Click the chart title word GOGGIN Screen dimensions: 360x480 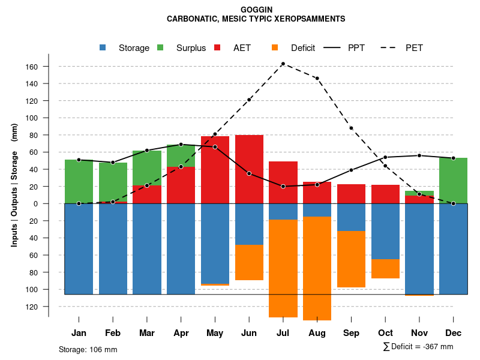(x=256, y=10)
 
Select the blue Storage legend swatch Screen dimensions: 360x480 (x=103, y=48)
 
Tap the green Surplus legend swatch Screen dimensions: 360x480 (x=160, y=48)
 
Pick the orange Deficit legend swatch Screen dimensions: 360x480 (x=275, y=48)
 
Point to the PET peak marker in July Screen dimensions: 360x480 (x=283, y=64)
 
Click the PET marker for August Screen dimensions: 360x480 (x=317, y=79)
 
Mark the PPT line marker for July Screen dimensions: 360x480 (x=283, y=187)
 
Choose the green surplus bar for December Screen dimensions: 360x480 (x=453, y=181)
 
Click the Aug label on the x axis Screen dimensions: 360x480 (x=317, y=333)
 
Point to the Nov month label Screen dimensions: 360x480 (x=419, y=333)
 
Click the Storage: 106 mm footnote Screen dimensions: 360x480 (x=88, y=349)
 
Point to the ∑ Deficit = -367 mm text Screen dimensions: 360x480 (x=418, y=347)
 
